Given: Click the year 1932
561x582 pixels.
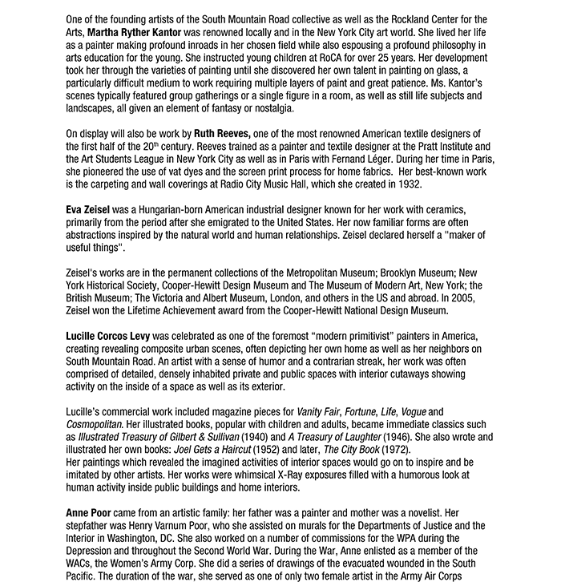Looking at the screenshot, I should tap(407, 184).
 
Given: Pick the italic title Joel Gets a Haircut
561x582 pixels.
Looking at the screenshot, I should tap(206, 451).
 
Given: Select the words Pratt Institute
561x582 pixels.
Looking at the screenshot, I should tap(438, 146).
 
